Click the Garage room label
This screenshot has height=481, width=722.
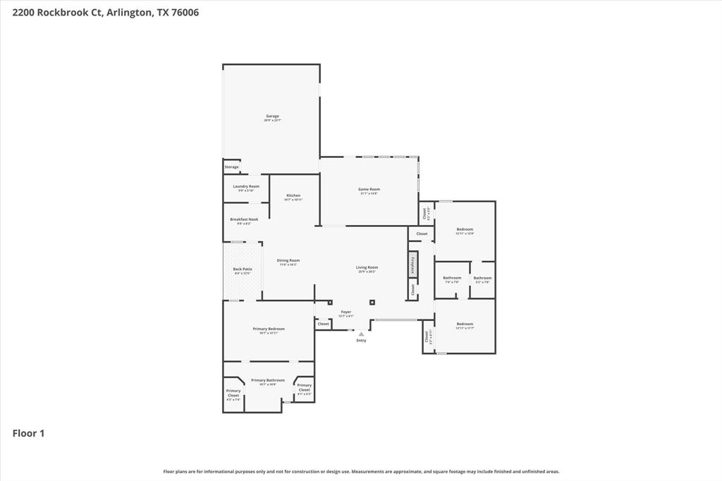coord(272,116)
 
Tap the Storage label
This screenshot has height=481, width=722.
coord(231,167)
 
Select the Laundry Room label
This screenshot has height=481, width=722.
coord(246,187)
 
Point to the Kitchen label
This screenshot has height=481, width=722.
coord(293,196)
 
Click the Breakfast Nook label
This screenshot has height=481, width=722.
coord(244,220)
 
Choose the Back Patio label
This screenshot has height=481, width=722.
coord(243,269)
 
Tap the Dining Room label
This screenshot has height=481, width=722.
coord(288,261)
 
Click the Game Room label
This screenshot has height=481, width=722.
coord(369,190)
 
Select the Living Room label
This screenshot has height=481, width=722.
coord(367,268)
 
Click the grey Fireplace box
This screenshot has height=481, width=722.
coord(412,264)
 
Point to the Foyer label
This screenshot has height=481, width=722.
coord(346,312)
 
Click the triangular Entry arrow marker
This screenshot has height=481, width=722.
coord(361,334)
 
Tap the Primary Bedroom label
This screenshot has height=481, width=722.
coord(269,329)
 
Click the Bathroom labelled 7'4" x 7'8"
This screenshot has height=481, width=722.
coord(452,278)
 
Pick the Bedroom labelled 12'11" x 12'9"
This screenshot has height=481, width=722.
coord(465,229)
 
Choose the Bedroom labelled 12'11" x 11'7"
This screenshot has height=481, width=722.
coord(465,324)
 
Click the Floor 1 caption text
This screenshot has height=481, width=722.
coord(28,433)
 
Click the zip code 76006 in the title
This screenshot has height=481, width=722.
coord(183,12)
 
